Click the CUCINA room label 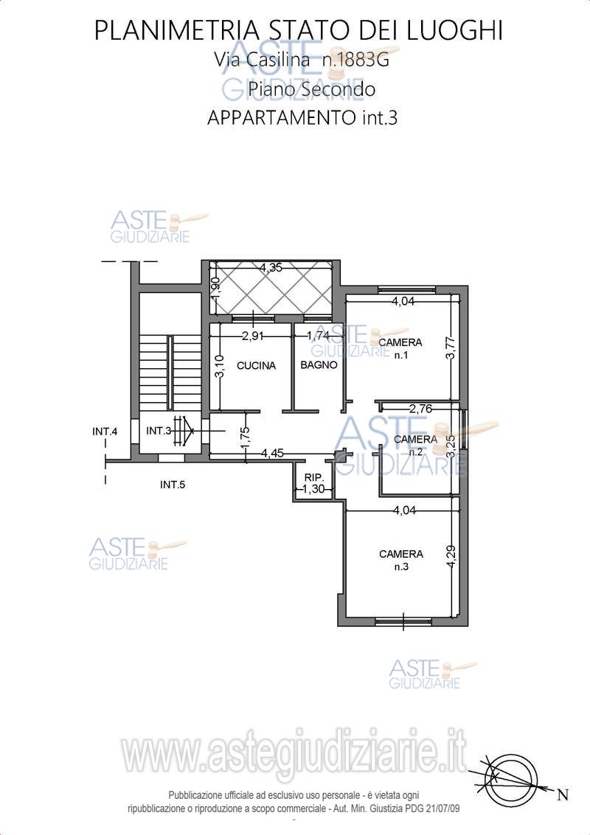256,365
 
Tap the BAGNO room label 319,365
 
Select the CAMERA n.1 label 400,348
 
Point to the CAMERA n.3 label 401,560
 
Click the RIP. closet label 314,477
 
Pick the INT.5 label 173,485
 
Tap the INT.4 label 105,432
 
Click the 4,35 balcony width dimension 271,268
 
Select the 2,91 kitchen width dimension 253,336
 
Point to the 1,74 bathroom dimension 318,336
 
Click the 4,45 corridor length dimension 272,453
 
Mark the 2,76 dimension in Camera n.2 420,409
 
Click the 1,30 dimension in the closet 313,488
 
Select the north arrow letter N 562,796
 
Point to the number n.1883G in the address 355,60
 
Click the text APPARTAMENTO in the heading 282,117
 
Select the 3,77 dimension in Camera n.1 452,349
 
